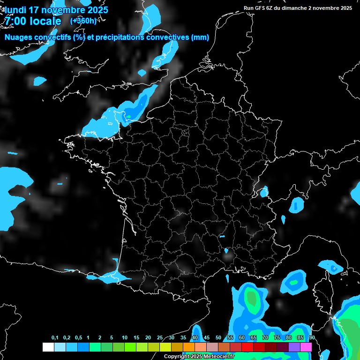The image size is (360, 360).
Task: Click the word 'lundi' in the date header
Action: pyautogui.click(x=15, y=10)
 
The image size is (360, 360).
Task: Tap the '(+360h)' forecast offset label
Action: pyautogui.click(x=83, y=21)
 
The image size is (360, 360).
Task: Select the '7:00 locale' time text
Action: pyautogui.click(x=33, y=22)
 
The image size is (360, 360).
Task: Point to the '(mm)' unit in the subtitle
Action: pyautogui.click(x=200, y=37)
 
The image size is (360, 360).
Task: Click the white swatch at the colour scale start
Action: pyautogui.click(x=48, y=347)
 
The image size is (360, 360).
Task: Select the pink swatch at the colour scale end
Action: pyautogui.click(x=306, y=347)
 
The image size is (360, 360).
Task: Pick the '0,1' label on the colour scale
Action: pyautogui.click(x=55, y=338)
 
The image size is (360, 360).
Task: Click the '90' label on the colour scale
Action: pyautogui.click(x=312, y=338)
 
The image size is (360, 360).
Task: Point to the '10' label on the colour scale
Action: pyautogui.click(x=124, y=338)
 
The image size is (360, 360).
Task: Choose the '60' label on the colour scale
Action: pyautogui.click(x=241, y=338)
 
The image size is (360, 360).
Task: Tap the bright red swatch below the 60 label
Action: pyautogui.click(x=247, y=347)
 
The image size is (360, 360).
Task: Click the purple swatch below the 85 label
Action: pyautogui.click(x=294, y=347)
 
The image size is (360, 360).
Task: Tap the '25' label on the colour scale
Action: pyautogui.click(x=159, y=338)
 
